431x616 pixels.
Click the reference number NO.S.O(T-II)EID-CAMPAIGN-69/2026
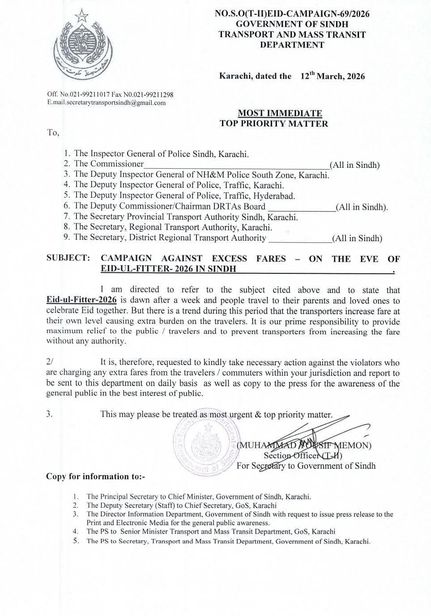click(x=292, y=14)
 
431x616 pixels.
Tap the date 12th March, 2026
click(x=333, y=76)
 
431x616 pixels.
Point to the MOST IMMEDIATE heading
click(x=280, y=113)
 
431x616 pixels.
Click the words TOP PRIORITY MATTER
click(x=273, y=123)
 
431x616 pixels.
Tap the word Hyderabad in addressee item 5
click(x=274, y=195)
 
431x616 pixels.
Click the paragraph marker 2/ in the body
click(x=49, y=362)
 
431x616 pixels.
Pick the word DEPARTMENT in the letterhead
click(x=292, y=45)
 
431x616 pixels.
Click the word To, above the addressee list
click(x=53, y=132)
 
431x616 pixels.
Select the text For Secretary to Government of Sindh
click(x=306, y=466)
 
